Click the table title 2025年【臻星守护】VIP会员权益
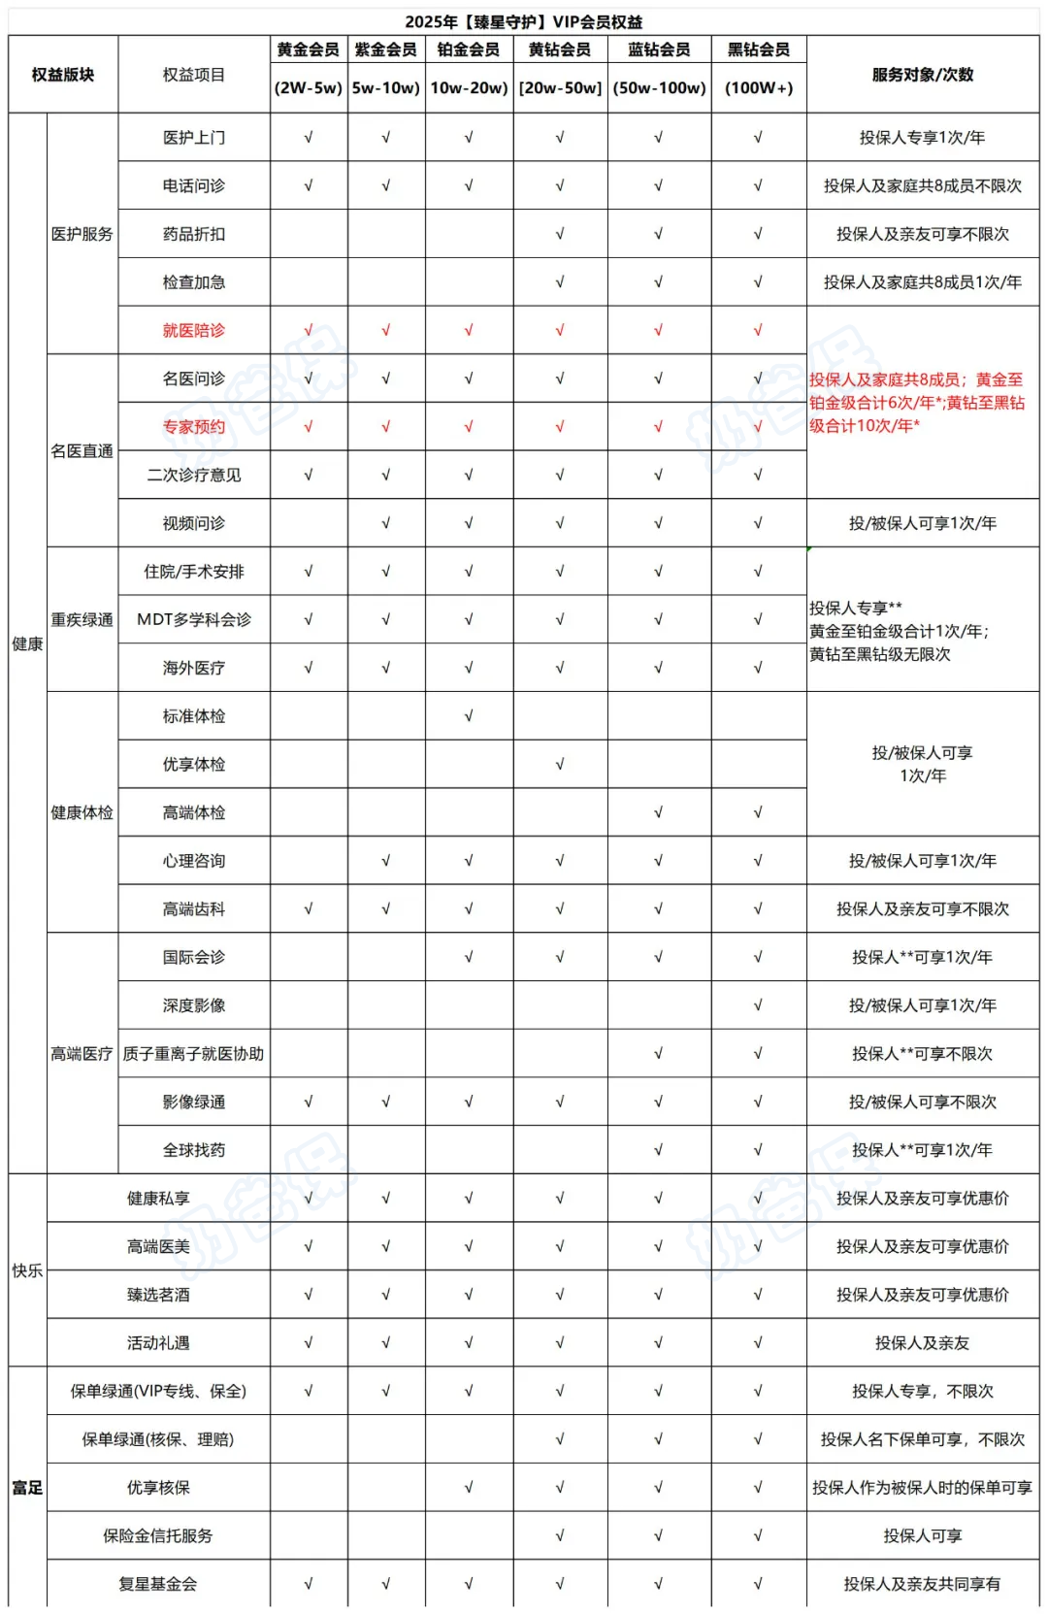point(523,21)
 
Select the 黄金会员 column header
point(308,49)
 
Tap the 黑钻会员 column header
point(758,49)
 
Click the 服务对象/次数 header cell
point(922,75)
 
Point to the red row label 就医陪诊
point(193,330)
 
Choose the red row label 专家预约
point(193,426)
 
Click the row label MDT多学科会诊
point(193,619)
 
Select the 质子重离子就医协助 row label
point(193,1053)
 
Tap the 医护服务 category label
point(82,234)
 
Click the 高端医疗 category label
point(82,1053)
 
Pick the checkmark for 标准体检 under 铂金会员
point(468,716)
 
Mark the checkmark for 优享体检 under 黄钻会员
point(560,765)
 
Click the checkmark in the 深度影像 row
point(758,1005)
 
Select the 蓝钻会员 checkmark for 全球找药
point(658,1150)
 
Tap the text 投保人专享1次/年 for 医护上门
point(922,138)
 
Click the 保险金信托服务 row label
point(157,1535)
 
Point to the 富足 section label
point(27,1487)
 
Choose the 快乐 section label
point(27,1270)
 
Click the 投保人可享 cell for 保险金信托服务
point(922,1535)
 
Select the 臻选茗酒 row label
point(157,1295)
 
